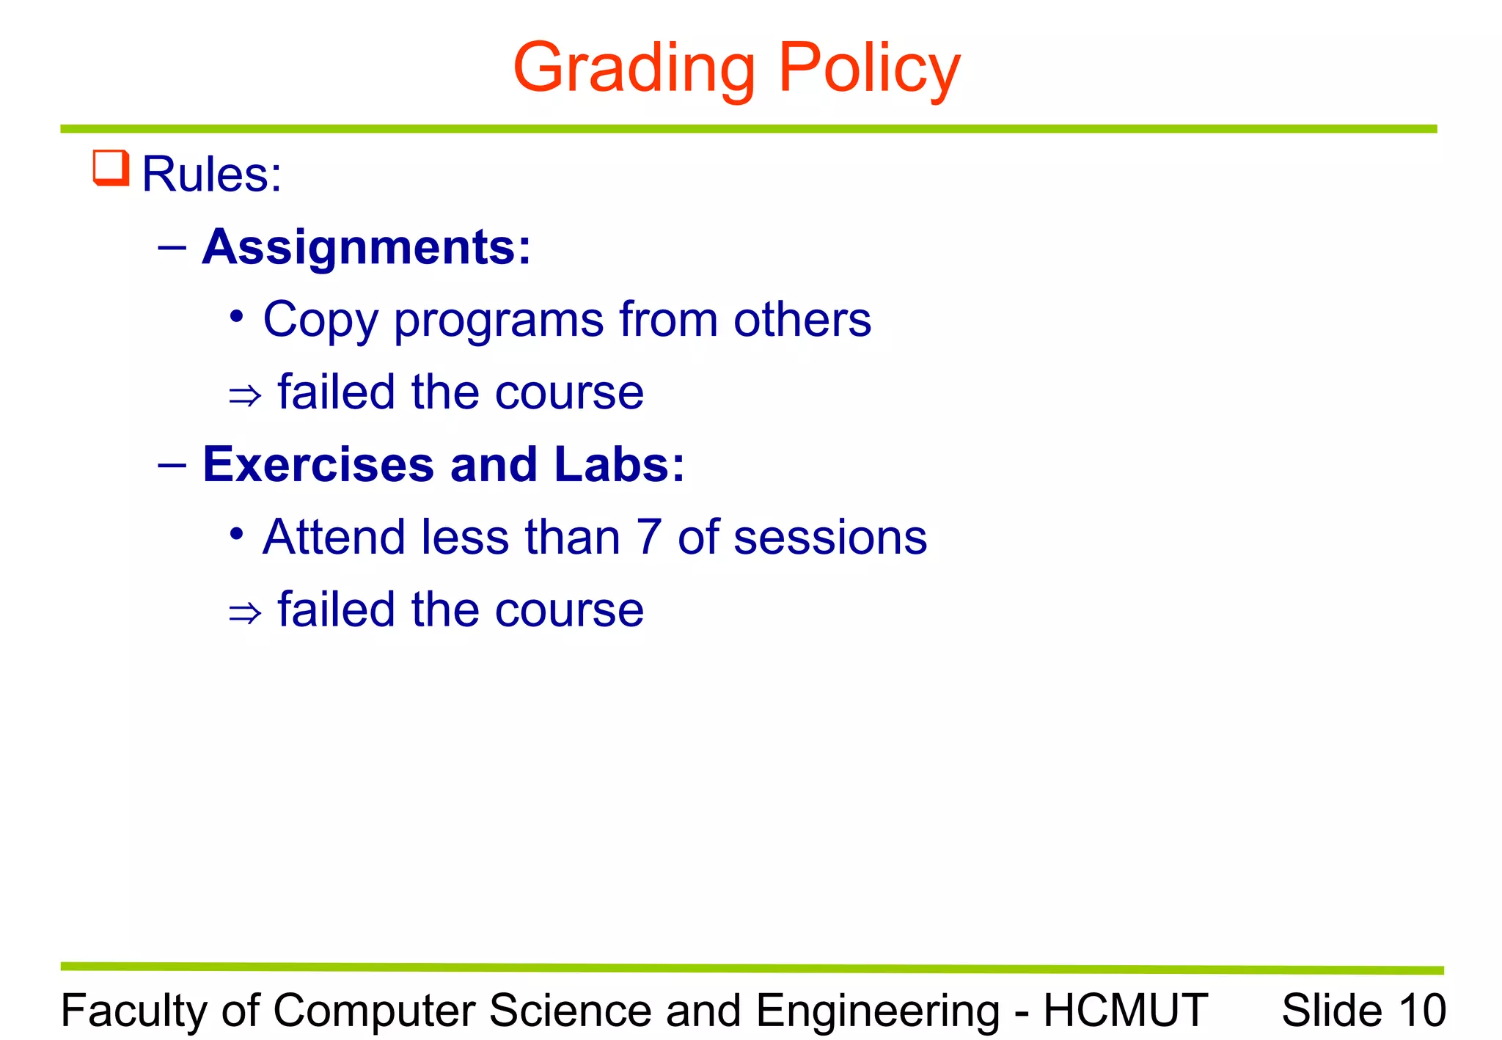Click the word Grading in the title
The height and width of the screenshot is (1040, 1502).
click(x=634, y=68)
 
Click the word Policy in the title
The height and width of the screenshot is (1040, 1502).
click(x=868, y=68)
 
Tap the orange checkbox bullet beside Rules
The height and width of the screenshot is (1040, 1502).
click(x=111, y=168)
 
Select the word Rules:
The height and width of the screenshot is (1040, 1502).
click(x=211, y=175)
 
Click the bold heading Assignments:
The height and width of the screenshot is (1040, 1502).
click(x=366, y=247)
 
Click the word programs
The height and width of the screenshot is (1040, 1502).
click(x=499, y=321)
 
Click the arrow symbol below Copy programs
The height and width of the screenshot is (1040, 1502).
click(x=245, y=396)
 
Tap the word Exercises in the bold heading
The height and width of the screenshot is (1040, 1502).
click(x=318, y=464)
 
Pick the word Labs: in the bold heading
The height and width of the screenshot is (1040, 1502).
click(x=619, y=464)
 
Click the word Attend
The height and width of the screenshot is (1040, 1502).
click(x=334, y=537)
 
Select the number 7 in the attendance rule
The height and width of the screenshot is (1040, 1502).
click(x=649, y=537)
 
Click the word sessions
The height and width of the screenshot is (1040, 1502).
click(x=830, y=537)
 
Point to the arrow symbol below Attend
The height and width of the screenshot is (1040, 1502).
click(x=245, y=612)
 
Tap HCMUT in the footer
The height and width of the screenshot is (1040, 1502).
click(x=1126, y=1011)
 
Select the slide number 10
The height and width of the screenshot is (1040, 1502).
click(x=1423, y=1011)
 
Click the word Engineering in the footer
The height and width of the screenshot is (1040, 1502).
click(x=878, y=1011)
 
